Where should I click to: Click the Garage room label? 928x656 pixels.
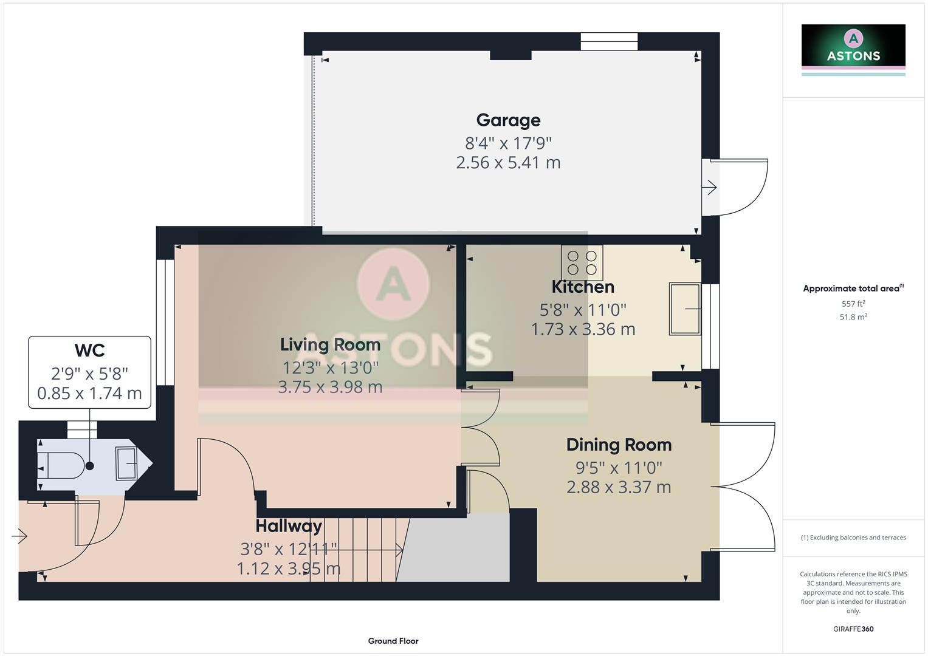click(x=508, y=120)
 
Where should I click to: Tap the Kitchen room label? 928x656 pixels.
click(x=583, y=287)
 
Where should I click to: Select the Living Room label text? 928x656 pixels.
click(x=330, y=344)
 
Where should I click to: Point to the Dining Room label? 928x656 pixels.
click(x=619, y=445)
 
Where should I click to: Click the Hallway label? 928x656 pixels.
click(x=289, y=526)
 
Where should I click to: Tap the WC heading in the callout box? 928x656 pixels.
click(x=89, y=350)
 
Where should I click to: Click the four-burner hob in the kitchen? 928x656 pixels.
click(x=582, y=262)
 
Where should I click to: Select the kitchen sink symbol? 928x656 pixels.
click(x=685, y=309)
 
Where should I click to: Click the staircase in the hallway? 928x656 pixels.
click(x=356, y=550)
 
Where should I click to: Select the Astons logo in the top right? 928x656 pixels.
click(x=853, y=49)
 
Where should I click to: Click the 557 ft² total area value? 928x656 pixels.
click(x=853, y=304)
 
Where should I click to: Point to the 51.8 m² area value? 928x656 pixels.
click(x=853, y=317)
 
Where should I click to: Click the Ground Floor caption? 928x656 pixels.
click(x=393, y=641)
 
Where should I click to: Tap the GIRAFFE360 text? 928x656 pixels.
click(x=853, y=629)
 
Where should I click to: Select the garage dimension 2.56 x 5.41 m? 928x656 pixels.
click(x=508, y=163)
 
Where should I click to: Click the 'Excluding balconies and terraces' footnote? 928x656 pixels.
click(x=853, y=538)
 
